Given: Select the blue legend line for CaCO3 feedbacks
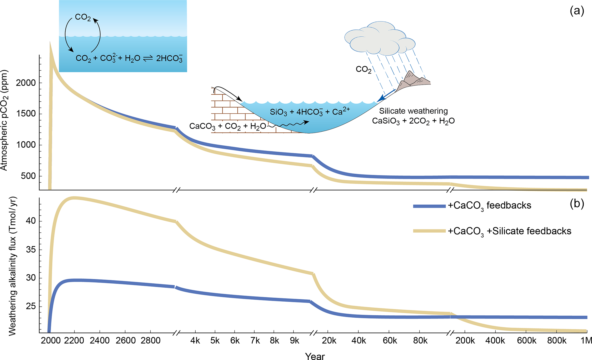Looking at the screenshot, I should tap(429, 206).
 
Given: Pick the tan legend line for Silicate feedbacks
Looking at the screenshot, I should tap(429, 231).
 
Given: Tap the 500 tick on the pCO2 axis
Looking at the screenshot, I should tap(28, 176).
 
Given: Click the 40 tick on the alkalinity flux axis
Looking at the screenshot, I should tap(31, 221).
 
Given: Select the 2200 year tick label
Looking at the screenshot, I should tap(74, 341).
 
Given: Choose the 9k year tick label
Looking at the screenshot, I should tap(294, 341).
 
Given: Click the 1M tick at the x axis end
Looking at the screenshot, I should tap(586, 341).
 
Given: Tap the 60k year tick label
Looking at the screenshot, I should tap(390, 341).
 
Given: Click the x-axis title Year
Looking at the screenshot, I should tap(315, 356).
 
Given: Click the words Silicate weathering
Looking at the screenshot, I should tap(413, 111).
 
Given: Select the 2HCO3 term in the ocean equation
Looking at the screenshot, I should tap(169, 59).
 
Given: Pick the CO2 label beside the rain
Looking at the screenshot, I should tap(363, 70).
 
